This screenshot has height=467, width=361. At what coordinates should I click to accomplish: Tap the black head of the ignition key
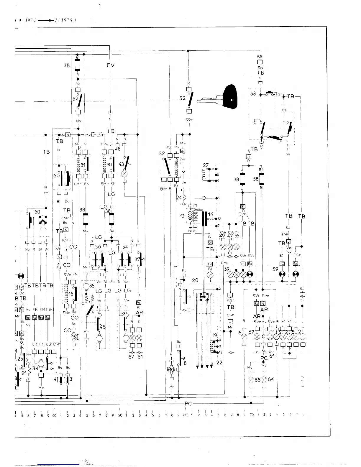click(231, 98)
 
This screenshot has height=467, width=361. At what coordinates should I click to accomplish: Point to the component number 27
click(206, 165)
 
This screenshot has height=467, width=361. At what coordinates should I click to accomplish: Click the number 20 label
click(195, 280)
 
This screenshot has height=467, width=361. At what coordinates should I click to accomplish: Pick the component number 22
click(219, 362)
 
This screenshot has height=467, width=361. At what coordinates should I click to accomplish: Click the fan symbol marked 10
click(171, 370)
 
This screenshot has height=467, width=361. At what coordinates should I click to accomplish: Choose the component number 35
click(92, 285)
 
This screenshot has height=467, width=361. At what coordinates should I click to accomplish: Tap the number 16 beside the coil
click(71, 294)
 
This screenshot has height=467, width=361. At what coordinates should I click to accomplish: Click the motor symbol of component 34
click(42, 363)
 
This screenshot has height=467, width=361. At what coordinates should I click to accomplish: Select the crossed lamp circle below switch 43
click(124, 174)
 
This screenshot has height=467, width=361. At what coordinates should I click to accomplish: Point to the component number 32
click(162, 153)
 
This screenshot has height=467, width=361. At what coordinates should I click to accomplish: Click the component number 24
click(179, 198)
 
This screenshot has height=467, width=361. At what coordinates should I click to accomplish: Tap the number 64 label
click(271, 379)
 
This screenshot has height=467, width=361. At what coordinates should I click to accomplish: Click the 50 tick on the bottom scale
click(120, 415)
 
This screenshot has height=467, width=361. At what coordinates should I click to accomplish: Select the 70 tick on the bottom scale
click(251, 415)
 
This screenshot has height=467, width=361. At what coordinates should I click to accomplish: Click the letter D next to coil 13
click(204, 198)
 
